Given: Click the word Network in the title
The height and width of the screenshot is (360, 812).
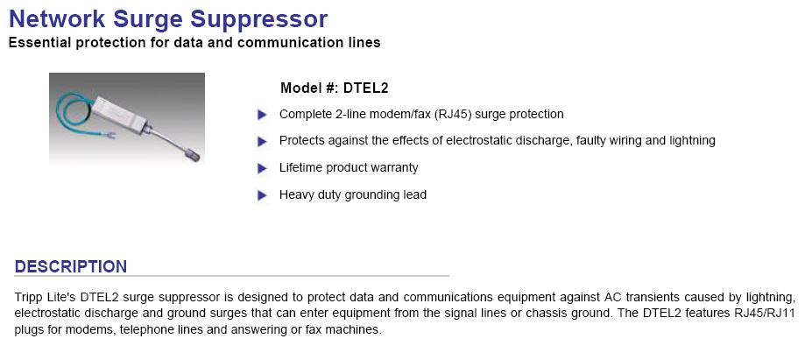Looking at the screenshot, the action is click(58, 18).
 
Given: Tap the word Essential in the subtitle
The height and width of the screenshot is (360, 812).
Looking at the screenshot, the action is click(40, 42).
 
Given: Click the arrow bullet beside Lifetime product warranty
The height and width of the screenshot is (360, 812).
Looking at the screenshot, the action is click(263, 168).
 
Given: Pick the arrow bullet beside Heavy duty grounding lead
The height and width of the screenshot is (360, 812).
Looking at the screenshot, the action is click(263, 195).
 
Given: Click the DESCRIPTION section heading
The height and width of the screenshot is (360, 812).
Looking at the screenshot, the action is click(70, 267).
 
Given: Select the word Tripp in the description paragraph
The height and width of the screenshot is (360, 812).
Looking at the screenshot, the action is click(27, 297).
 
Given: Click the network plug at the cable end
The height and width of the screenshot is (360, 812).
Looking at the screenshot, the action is click(192, 154).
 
